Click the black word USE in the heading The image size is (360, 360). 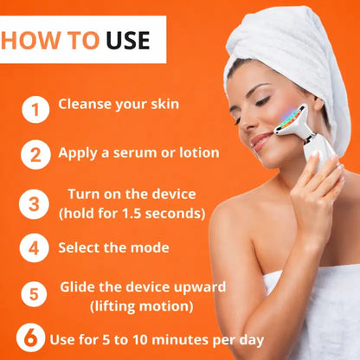[128, 40]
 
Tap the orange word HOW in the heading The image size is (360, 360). [31, 40]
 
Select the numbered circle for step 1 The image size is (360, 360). [35, 110]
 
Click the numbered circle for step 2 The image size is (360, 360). [35, 155]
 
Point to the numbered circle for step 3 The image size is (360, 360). [34, 204]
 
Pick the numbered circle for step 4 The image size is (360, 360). [34, 247]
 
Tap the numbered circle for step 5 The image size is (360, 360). [34, 294]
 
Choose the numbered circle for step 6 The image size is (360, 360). [30, 337]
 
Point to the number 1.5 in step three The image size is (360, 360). [132, 214]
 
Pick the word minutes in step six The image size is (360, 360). [182, 339]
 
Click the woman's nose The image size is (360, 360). [245, 124]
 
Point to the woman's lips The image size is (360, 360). [260, 141]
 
